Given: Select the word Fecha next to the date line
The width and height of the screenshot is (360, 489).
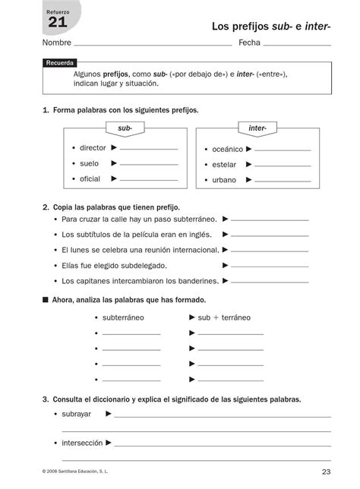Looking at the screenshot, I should [x=249, y=43].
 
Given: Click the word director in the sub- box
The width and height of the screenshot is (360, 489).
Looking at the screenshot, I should [x=93, y=148].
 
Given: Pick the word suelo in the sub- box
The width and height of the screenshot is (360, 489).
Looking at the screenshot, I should [x=89, y=163].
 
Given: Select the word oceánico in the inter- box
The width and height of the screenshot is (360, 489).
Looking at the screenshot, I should [x=228, y=150].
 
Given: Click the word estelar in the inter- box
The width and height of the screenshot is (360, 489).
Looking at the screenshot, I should [x=224, y=165].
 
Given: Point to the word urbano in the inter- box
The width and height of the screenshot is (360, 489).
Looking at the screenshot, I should [x=224, y=180].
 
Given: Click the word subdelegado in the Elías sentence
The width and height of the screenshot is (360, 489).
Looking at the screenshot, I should [x=142, y=265].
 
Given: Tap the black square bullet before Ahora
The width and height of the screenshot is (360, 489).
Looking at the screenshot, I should [x=46, y=300].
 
